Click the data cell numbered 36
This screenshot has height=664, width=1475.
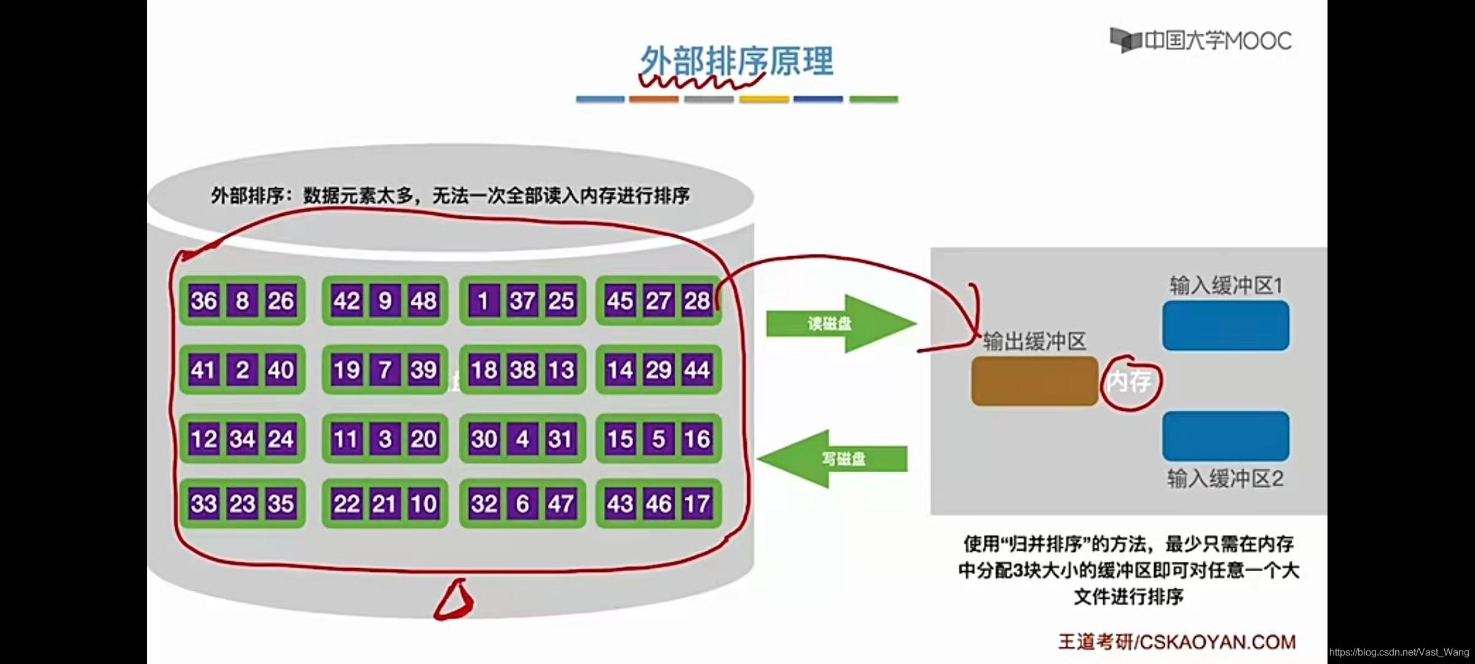tap(203, 301)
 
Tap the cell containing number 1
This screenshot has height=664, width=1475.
tap(483, 301)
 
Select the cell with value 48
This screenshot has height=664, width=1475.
tap(423, 301)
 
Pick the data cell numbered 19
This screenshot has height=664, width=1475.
tap(347, 370)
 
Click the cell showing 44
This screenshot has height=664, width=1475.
tap(697, 370)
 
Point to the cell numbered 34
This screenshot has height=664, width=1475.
tap(242, 439)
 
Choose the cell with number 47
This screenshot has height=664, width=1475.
tap(560, 504)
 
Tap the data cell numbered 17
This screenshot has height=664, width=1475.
tap(697, 504)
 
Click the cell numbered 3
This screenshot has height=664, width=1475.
tap(385, 439)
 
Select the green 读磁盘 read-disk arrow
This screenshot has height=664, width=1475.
tap(840, 323)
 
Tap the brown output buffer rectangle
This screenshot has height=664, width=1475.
tap(1034, 381)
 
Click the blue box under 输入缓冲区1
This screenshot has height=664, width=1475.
tap(1225, 325)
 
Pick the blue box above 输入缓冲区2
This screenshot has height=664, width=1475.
tap(1225, 436)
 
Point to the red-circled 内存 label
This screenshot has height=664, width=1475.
tap(1130, 382)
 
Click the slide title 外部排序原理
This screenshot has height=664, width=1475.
tap(736, 61)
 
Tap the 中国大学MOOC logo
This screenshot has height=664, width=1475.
tap(1201, 41)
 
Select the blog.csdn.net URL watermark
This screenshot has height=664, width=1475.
tap(1399, 652)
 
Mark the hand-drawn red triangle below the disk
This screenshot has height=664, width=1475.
tap(455, 599)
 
